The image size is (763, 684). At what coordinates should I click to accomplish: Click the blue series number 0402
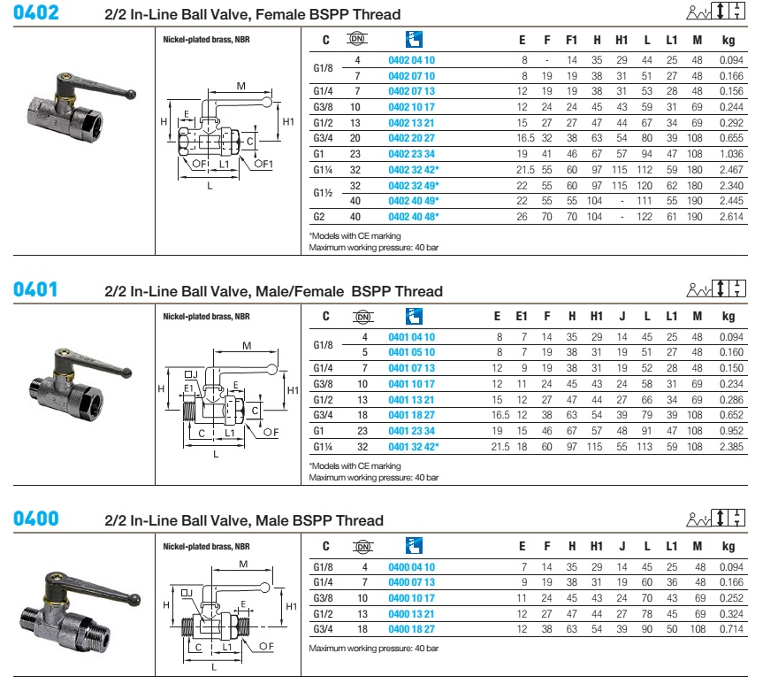tap(36, 13)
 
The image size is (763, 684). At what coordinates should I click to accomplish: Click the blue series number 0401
tap(36, 290)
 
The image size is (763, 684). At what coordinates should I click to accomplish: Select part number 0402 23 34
tap(412, 153)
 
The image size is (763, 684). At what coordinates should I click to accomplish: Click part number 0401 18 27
tap(412, 415)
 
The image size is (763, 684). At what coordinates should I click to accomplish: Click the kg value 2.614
tap(728, 216)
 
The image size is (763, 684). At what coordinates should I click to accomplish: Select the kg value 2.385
tap(728, 447)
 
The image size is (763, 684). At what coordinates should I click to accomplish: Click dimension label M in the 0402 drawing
tap(241, 85)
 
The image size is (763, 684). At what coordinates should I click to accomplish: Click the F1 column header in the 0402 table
tap(571, 41)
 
